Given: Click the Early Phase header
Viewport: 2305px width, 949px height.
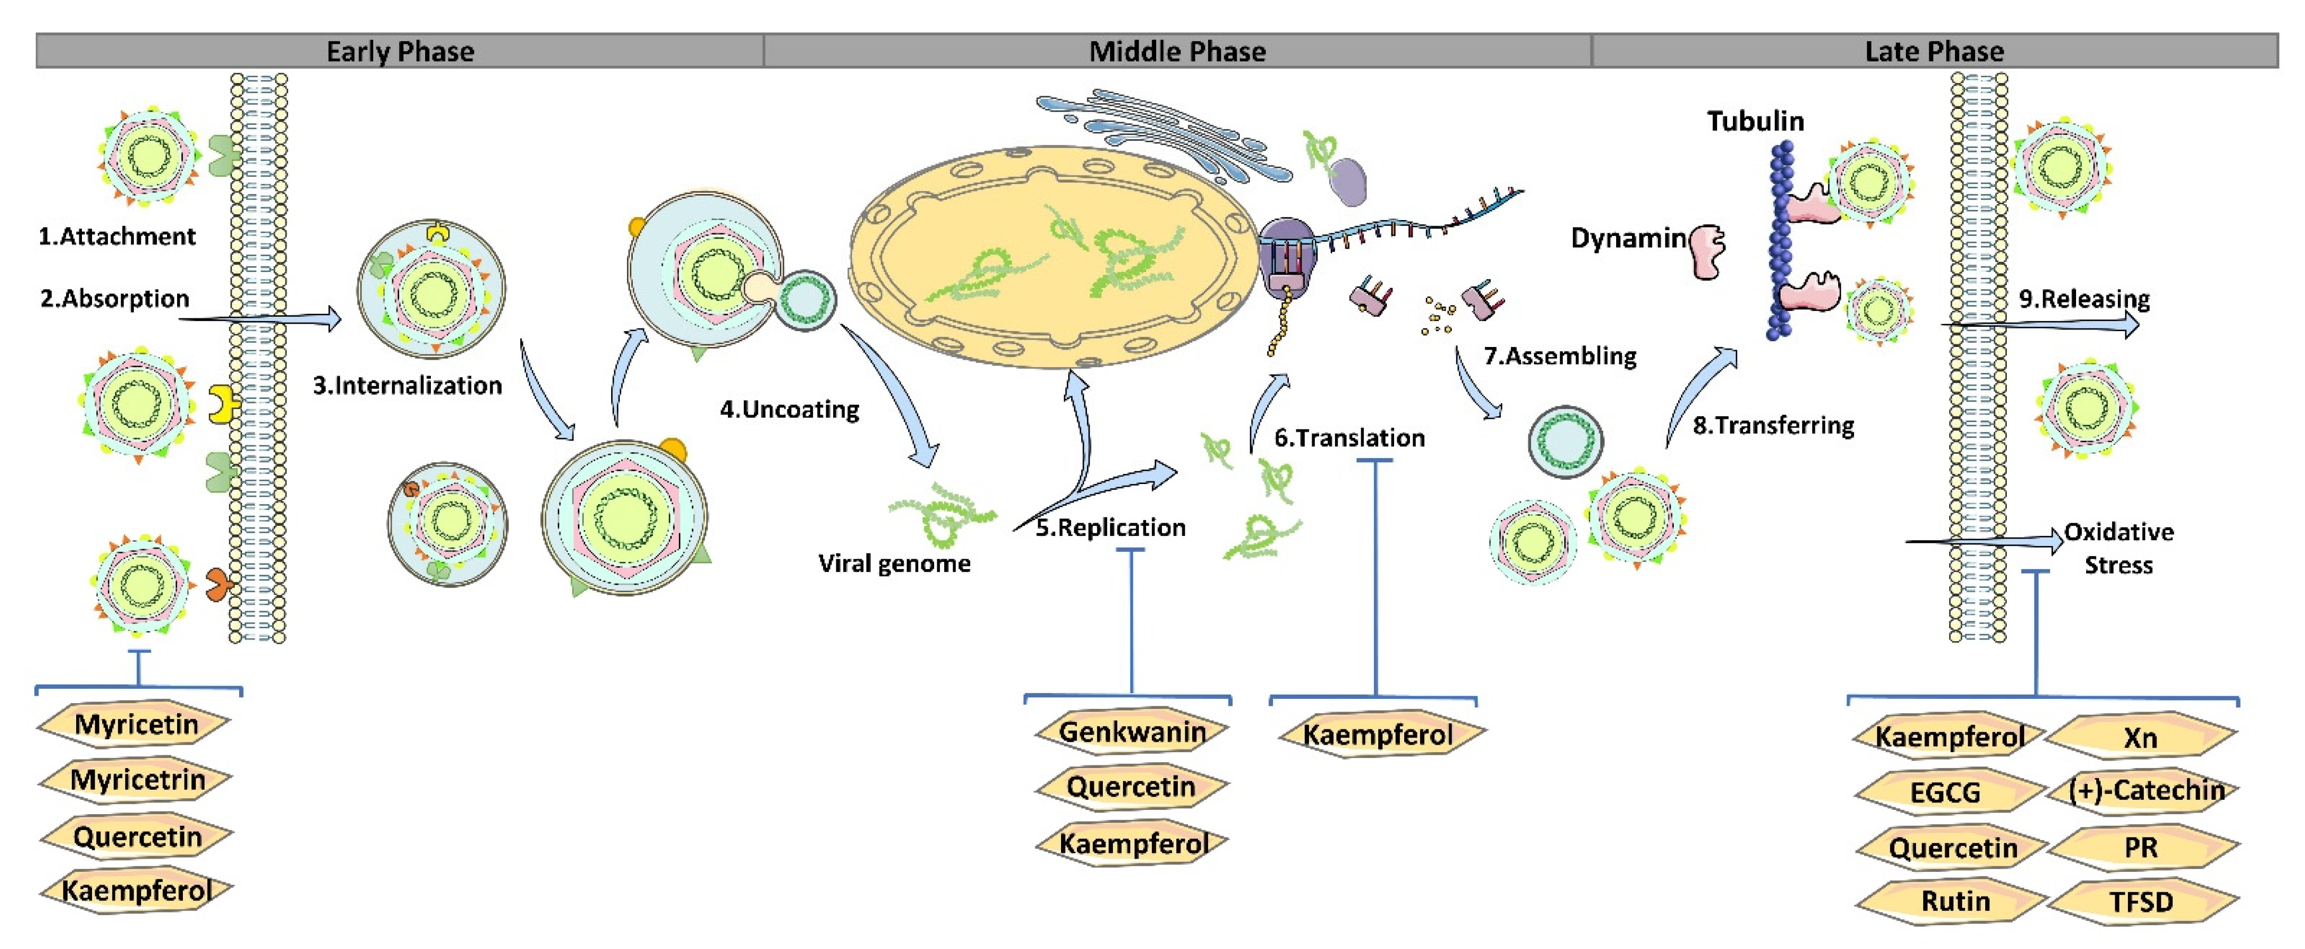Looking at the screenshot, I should pyautogui.click(x=400, y=51).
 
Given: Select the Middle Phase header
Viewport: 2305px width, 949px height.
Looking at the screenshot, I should pyautogui.click(x=1177, y=51).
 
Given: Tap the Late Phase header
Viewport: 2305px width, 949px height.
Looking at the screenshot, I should pyautogui.click(x=1934, y=51).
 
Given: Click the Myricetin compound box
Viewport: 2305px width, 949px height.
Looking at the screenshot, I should pyautogui.click(x=136, y=724).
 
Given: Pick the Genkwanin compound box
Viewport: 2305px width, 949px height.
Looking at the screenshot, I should pyautogui.click(x=1132, y=732).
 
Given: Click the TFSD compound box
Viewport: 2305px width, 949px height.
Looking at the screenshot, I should pyautogui.click(x=2141, y=901).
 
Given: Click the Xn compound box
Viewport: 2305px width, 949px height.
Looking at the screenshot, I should pyautogui.click(x=2141, y=738).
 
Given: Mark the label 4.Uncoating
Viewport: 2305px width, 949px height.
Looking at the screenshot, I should pyautogui.click(x=789, y=409).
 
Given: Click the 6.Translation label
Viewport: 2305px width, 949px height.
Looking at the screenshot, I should pyautogui.click(x=1349, y=438).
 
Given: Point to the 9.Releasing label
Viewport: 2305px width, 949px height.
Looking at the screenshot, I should pyautogui.click(x=2084, y=298).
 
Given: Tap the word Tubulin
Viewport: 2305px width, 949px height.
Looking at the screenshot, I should pyautogui.click(x=1755, y=121).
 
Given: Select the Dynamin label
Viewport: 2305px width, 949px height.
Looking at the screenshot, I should pyautogui.click(x=1628, y=238).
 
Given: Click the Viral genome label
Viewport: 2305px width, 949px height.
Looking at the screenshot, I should pyautogui.click(x=894, y=563).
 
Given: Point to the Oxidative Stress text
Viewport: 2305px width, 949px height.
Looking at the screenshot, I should pyautogui.click(x=2118, y=548).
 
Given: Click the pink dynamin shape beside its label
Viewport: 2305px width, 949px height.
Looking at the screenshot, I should pyautogui.click(x=1707, y=252).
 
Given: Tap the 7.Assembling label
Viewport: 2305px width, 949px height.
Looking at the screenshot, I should pyautogui.click(x=1560, y=355).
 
